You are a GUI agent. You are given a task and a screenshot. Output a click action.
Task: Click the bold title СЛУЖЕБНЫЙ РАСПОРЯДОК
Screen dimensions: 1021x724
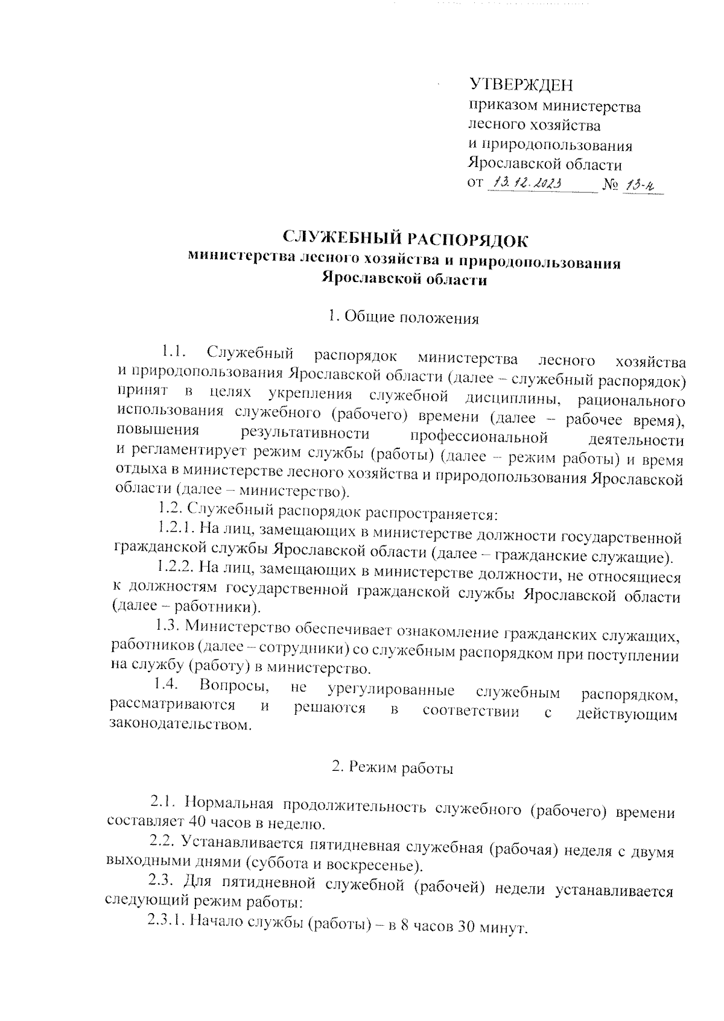[405, 240]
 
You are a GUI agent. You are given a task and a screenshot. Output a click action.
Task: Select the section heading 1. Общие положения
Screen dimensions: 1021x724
[403, 318]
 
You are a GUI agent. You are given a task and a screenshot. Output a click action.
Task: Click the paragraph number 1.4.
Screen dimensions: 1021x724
[164, 685]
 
